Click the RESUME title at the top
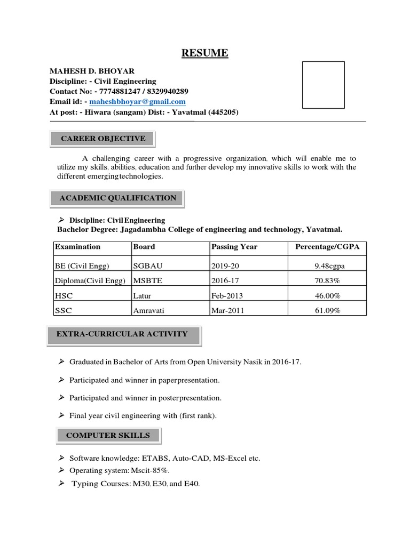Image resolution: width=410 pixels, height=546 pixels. (205, 53)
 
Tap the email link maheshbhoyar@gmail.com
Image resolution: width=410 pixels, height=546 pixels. (137, 102)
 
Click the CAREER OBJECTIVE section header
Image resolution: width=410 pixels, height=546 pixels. (103, 139)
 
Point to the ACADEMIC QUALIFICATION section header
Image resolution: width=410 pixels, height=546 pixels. (117, 198)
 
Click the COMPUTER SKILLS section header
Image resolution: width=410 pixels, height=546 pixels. (108, 436)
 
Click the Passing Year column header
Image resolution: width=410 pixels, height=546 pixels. (234, 247)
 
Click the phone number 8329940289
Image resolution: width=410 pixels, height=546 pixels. (165, 92)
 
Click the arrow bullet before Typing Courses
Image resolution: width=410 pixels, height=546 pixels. (61, 483)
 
